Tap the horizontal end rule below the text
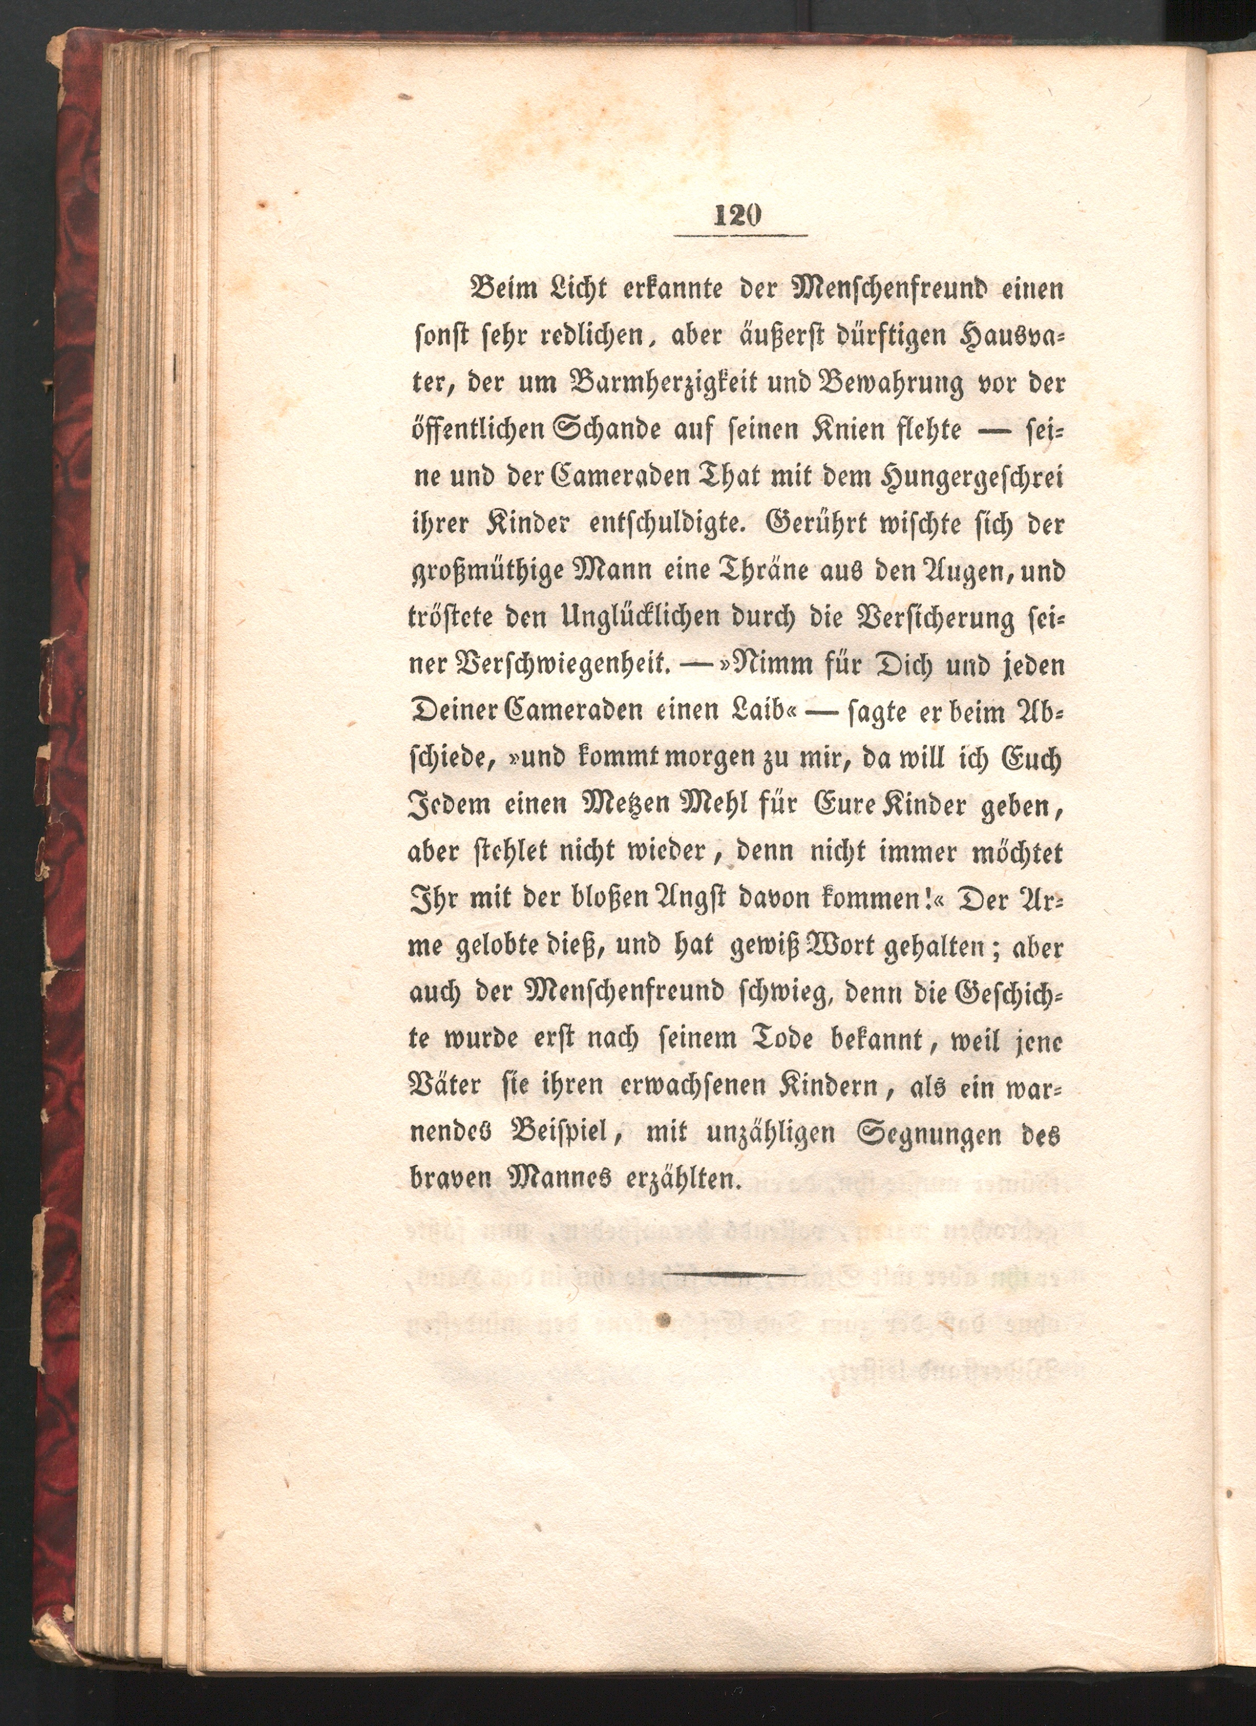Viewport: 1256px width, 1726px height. click(738, 1273)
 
